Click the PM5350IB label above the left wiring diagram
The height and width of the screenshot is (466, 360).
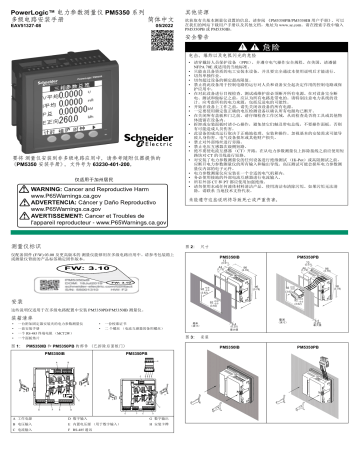click(x=53, y=356)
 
